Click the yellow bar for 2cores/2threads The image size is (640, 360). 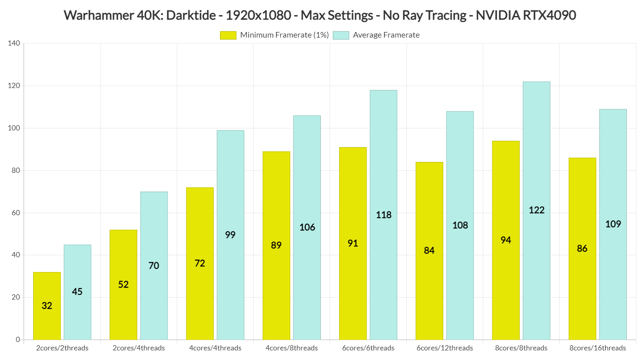pos(47,306)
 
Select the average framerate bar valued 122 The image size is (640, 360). pos(536,211)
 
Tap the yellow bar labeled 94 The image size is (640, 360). pos(506,240)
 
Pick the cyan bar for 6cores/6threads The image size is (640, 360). pos(383,215)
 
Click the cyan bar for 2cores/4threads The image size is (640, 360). pos(154,266)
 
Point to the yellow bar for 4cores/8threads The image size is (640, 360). pos(276,245)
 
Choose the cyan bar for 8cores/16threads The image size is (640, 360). pos(613,224)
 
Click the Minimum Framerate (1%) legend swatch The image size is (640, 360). pos(228,35)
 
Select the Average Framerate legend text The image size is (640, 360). pos(386,35)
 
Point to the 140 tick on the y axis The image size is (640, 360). pos(14,43)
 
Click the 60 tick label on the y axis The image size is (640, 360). pos(15,213)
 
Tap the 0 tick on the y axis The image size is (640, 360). pos(18,340)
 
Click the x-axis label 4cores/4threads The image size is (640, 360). pos(215,348)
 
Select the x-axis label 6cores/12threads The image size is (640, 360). pos(444,348)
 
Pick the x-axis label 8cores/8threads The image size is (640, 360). pos(521,348)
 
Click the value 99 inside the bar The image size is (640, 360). pos(230,235)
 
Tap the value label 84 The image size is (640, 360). pos(429,250)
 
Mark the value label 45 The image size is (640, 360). pos(77,292)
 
